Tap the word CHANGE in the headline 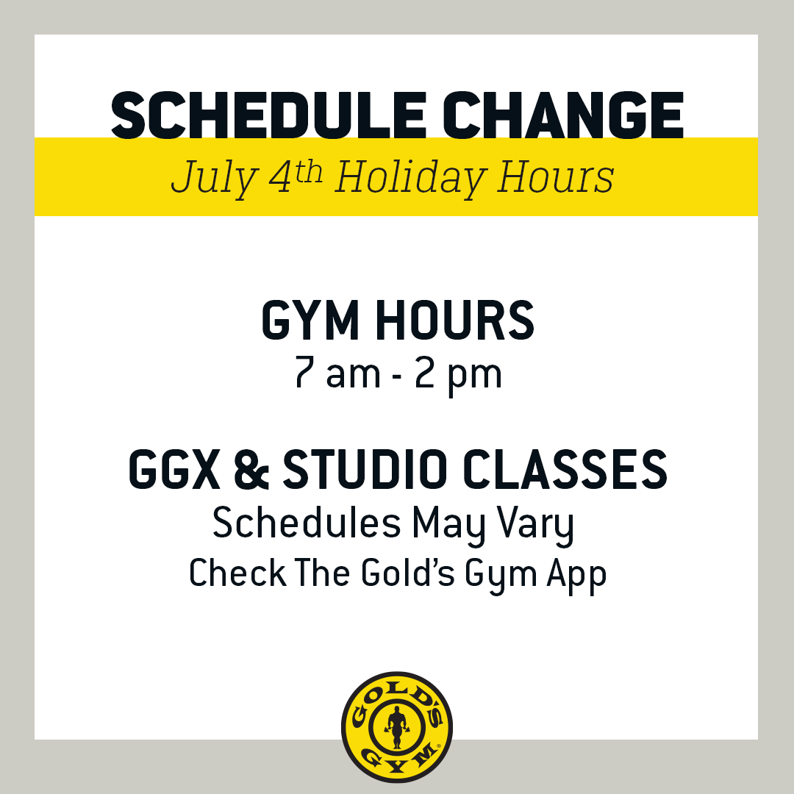(563, 115)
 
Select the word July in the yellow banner (214, 178)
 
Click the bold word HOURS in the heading (455, 320)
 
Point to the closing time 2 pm (458, 375)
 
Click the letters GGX (174, 469)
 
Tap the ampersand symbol (252, 469)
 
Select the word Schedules (307, 523)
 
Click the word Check (237, 573)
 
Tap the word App (576, 576)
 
